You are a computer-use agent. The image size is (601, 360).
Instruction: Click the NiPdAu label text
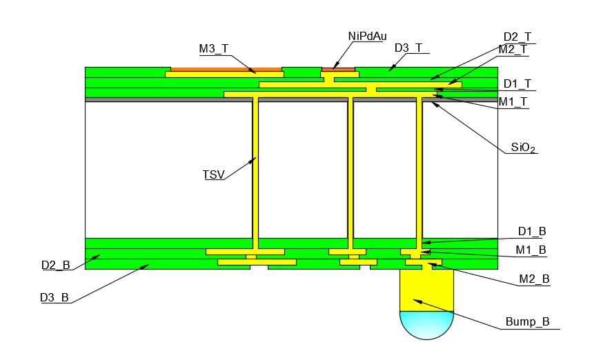[367, 36]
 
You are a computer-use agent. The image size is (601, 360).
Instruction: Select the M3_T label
[214, 48]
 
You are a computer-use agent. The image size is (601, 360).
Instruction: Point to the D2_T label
[518, 37]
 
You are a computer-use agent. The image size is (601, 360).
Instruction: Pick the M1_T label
[513, 101]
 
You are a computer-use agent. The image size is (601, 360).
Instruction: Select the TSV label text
[213, 174]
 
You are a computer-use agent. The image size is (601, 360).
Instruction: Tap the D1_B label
[532, 232]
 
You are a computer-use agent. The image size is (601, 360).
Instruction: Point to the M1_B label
[531, 250]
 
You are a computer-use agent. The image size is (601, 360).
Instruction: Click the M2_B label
[534, 279]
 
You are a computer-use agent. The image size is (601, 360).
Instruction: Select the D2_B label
[55, 265]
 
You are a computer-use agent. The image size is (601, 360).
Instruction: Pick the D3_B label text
[55, 297]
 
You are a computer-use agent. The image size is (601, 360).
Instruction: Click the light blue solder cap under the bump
[427, 324]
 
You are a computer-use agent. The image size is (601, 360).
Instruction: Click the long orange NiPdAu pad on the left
[226, 69]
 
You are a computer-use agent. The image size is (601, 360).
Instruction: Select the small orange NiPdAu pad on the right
[338, 69]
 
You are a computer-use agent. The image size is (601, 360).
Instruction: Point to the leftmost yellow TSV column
[255, 172]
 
